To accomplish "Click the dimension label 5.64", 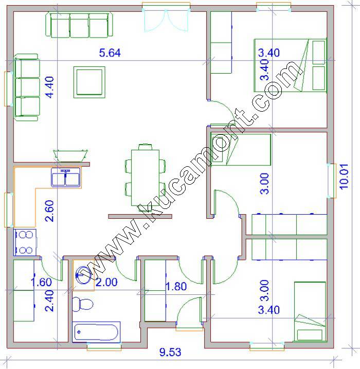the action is click(110, 52).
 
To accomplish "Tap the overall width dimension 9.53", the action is click(170, 352).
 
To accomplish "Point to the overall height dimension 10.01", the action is click(344, 177).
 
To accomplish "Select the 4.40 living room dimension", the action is click(49, 87).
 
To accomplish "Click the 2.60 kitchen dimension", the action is click(49, 211).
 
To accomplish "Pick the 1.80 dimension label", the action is click(176, 286).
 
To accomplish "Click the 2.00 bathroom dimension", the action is click(106, 282).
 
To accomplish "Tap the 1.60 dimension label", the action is click(41, 282).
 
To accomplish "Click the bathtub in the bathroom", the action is click(96, 332).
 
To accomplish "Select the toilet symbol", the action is click(82, 304).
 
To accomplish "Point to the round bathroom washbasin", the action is click(84, 275).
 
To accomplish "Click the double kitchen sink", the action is click(66, 178).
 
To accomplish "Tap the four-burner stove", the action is click(25, 242).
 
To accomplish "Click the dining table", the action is click(145, 178).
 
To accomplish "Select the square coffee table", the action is click(89, 82).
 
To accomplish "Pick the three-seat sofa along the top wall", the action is click(79, 25).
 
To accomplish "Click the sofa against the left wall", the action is click(27, 87).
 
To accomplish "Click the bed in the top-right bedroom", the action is click(290, 65).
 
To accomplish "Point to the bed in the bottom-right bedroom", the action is click(310, 311).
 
